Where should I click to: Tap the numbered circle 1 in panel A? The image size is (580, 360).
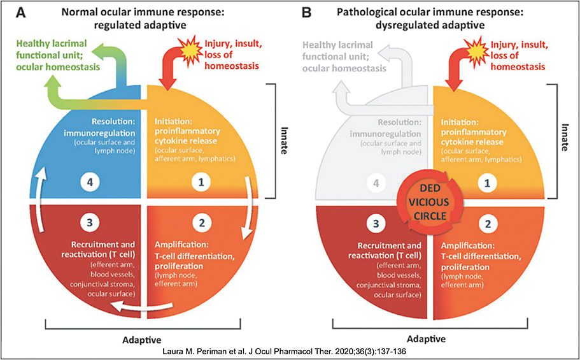point(202,182)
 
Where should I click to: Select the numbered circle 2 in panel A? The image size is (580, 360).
point(202,224)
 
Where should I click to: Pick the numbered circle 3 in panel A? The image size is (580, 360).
point(90,224)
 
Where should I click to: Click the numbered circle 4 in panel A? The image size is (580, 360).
point(90,182)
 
